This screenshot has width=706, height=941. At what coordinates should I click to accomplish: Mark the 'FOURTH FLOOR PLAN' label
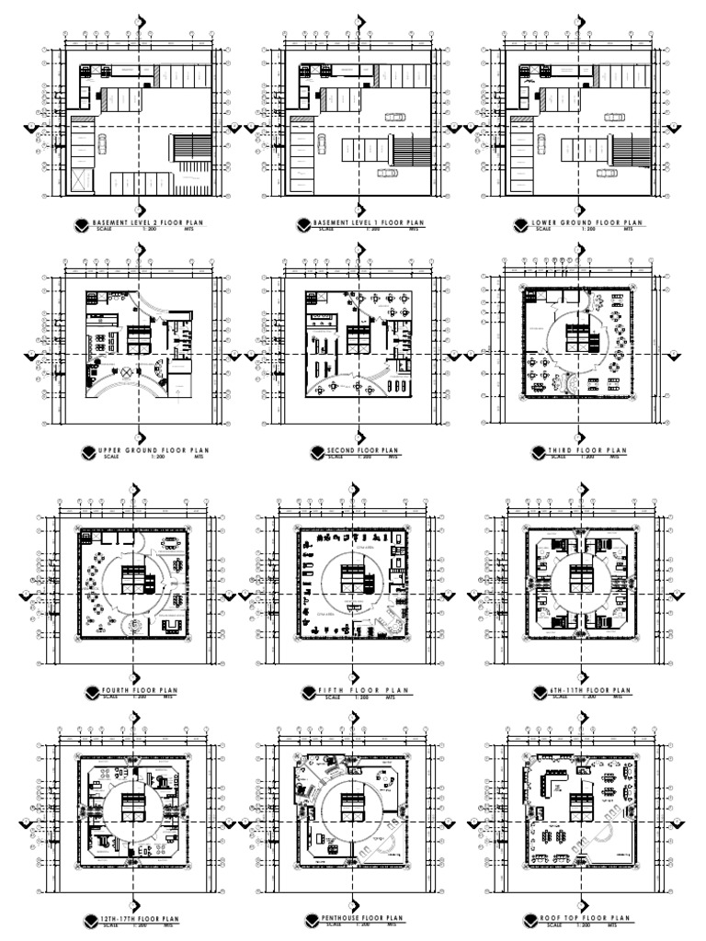(142, 689)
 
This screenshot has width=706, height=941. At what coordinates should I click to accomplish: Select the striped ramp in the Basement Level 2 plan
(188, 148)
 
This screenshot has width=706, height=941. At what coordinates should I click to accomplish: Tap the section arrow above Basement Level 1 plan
(359, 21)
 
